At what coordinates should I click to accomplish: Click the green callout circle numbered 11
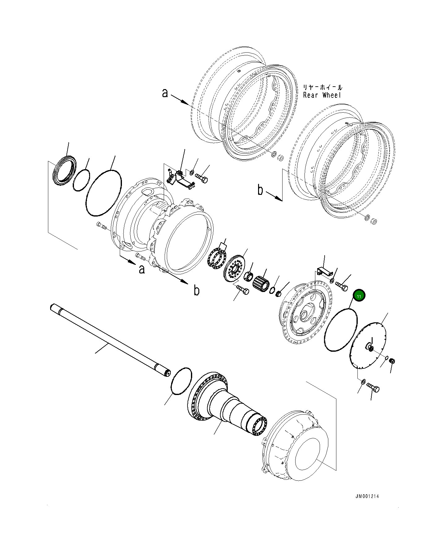[359, 296]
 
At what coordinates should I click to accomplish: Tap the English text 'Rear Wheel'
[322, 95]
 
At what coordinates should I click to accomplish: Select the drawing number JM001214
[367, 496]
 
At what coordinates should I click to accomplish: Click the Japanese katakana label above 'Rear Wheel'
[322, 88]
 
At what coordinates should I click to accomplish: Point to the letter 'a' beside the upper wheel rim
[165, 92]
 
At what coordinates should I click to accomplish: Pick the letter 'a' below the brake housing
[142, 269]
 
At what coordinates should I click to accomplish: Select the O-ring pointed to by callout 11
[341, 330]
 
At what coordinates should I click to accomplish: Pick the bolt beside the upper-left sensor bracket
[201, 178]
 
